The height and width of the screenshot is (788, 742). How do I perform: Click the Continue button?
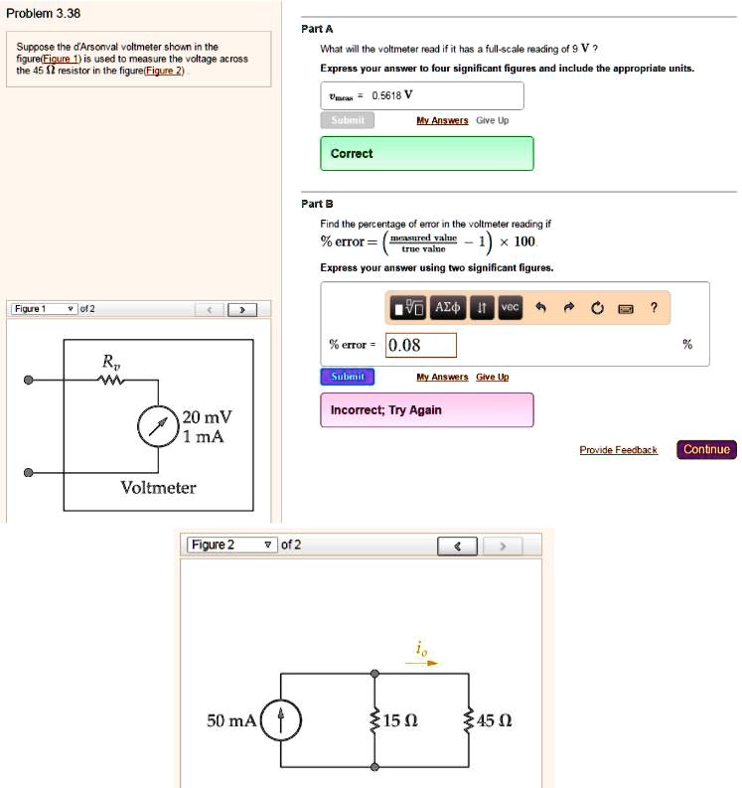(706, 450)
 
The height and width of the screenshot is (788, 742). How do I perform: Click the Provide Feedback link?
(618, 451)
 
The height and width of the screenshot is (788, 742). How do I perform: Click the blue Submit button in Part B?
(348, 377)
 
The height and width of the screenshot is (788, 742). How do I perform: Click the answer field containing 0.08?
(420, 346)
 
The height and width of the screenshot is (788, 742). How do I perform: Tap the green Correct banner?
(426, 154)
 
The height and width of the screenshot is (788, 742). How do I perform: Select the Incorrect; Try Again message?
(426, 410)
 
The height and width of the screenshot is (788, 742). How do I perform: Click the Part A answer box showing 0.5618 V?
(421, 96)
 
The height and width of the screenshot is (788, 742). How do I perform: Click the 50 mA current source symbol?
(280, 720)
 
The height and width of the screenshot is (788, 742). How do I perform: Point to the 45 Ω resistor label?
(494, 720)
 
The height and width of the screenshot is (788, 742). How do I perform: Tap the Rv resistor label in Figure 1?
(110, 362)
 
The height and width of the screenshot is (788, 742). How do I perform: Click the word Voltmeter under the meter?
(158, 487)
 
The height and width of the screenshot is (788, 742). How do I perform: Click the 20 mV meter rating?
(207, 416)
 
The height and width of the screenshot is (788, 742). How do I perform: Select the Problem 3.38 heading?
(43, 14)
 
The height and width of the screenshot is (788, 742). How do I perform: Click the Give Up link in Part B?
(492, 378)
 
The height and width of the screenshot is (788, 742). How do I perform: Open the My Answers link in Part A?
(442, 120)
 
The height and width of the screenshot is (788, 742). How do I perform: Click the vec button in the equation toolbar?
(510, 308)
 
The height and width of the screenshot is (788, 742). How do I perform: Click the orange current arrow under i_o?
(426, 663)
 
